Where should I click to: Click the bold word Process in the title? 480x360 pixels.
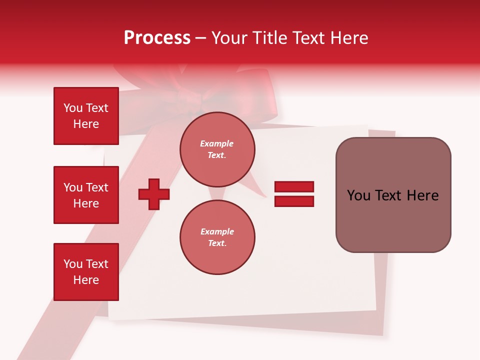pos(157,38)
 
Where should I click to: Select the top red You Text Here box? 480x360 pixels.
pos(86,116)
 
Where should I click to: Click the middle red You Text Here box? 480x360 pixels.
pos(86,195)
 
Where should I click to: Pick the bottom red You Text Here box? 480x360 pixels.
pos(86,272)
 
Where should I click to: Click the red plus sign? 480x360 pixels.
pos(154,193)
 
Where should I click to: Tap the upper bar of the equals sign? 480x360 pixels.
pos(294,186)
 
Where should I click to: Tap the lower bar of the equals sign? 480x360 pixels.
pos(294,201)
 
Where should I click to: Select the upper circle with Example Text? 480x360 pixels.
pos(217,149)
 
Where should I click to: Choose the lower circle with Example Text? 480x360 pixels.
pos(217,237)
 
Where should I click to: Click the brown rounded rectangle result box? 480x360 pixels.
pos(393,195)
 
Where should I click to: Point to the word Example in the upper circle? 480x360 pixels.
pos(217,143)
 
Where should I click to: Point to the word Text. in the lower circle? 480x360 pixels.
pos(217,243)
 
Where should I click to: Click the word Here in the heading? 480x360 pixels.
pos(350,38)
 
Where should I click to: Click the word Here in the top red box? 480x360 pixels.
pos(86,124)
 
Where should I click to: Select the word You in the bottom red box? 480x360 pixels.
pos(72,264)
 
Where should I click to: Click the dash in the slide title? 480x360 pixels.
pos(200,38)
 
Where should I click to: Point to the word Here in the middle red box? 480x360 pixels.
pos(86,203)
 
